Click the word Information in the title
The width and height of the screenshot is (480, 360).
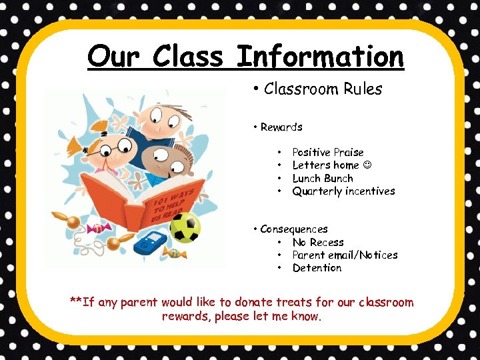(x=321, y=56)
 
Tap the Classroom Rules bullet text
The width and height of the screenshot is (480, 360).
(x=323, y=89)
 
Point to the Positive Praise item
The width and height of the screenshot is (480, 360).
(x=328, y=153)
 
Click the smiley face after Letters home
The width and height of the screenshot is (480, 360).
(x=369, y=165)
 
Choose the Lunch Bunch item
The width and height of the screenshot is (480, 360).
(x=323, y=179)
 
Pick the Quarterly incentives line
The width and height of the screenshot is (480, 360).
(x=343, y=191)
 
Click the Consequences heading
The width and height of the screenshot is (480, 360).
(x=294, y=229)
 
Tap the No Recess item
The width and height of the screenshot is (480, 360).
(x=318, y=243)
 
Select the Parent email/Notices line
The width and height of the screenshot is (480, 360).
(x=345, y=255)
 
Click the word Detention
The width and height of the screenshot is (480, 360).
(x=317, y=268)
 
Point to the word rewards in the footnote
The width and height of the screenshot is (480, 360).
(x=186, y=317)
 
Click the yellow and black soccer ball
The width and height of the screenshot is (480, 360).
(x=185, y=227)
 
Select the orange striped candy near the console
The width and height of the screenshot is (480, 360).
(x=176, y=253)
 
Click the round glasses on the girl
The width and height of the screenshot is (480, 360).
(x=107, y=147)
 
